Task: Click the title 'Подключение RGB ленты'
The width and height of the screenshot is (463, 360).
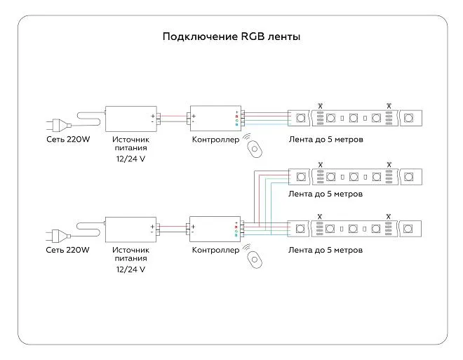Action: click(231, 36)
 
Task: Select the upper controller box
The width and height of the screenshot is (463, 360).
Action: click(214, 119)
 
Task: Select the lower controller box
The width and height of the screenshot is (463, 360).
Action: click(214, 228)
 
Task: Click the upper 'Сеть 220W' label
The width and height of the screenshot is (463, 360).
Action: click(68, 140)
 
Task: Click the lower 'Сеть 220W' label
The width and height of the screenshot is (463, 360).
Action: click(68, 250)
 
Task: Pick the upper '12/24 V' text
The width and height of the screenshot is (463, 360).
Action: click(131, 159)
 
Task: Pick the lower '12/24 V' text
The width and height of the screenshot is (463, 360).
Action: click(131, 269)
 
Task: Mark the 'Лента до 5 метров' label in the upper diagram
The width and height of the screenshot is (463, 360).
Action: click(326, 140)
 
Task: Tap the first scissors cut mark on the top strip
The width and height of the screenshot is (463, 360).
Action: click(320, 105)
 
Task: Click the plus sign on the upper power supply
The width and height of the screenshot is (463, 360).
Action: click(152, 115)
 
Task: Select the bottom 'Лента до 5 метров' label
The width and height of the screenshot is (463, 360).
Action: click(326, 250)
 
